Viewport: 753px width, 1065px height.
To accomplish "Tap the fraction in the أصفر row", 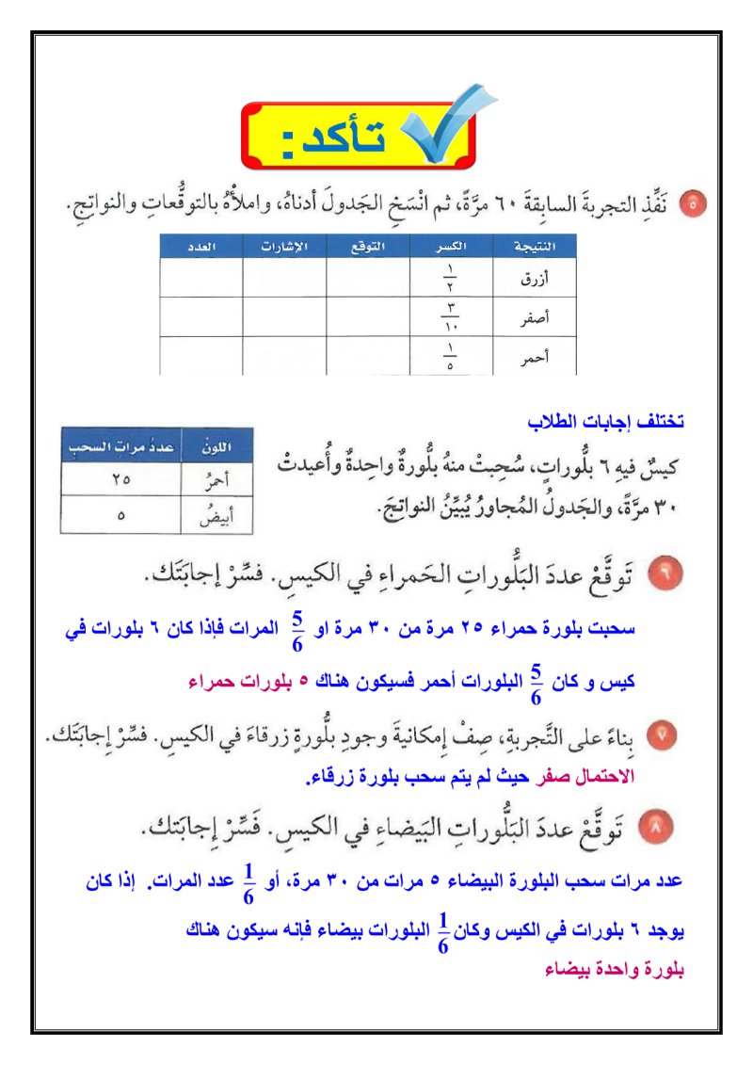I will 452,318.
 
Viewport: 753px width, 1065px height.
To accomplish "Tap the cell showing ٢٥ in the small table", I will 117,479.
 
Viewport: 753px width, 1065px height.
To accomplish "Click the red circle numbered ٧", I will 665,734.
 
